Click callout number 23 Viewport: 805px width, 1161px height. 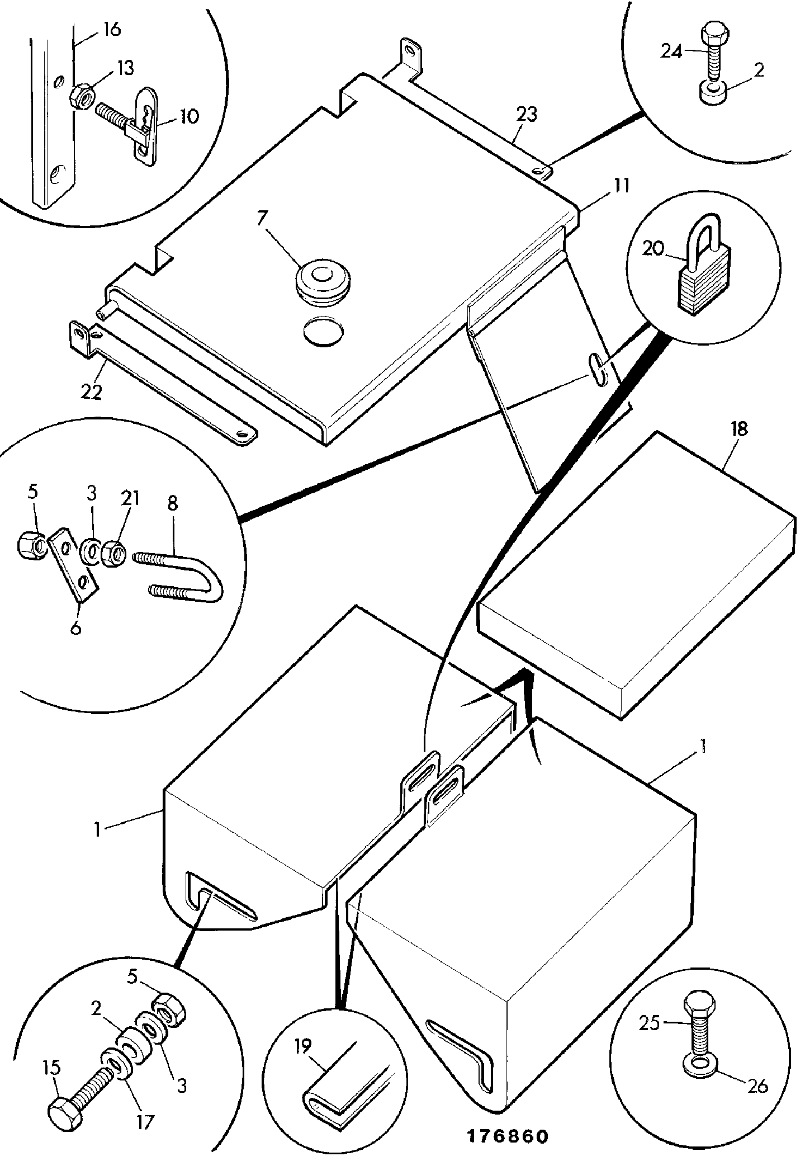pyautogui.click(x=527, y=115)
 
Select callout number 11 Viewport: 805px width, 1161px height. pyautogui.click(x=619, y=186)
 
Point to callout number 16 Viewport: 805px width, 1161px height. pyautogui.click(x=112, y=30)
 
